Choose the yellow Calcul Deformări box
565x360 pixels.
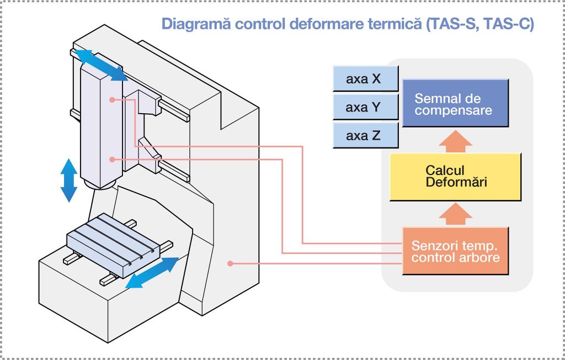(455, 177)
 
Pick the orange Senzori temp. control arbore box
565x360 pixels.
(455, 251)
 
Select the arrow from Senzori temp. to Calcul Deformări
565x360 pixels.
(455, 214)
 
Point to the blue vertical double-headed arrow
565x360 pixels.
(68, 180)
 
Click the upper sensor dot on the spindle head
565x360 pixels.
(112, 100)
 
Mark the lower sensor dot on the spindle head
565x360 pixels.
(112, 159)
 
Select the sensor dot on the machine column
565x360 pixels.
(230, 264)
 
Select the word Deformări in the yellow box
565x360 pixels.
(456, 182)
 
